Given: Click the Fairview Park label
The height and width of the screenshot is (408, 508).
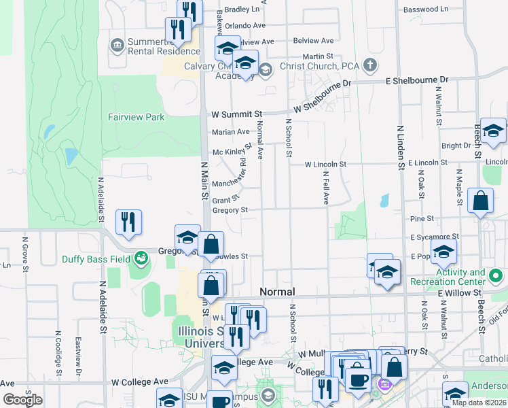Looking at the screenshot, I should tap(136, 117).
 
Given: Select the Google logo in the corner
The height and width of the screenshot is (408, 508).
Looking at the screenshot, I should tap(22, 400).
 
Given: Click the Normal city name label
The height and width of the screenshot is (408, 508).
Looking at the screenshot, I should tap(276, 291).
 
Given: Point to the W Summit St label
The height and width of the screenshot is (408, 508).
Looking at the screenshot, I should tap(236, 114).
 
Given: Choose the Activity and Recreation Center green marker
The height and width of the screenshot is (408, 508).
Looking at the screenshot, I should tap(496, 277).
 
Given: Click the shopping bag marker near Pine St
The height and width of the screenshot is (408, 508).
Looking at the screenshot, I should tap(480, 201).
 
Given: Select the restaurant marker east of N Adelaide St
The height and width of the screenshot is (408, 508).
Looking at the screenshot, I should tap(128, 222).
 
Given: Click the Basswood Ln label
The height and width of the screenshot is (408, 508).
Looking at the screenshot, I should tap(426, 10).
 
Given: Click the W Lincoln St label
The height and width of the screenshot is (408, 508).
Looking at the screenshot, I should tap(325, 165).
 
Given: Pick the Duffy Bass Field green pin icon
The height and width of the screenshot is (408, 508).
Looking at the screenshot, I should tap(141, 258).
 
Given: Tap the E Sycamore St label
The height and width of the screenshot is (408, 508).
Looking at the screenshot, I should tap(435, 237).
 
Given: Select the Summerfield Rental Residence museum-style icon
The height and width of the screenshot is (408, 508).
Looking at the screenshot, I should tap(117, 45).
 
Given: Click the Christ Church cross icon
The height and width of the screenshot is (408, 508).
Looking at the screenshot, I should tap(369, 66).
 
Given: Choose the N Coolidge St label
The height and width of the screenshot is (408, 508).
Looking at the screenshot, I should tap(56, 354).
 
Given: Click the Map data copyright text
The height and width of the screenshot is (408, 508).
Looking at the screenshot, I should tap(478, 403).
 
